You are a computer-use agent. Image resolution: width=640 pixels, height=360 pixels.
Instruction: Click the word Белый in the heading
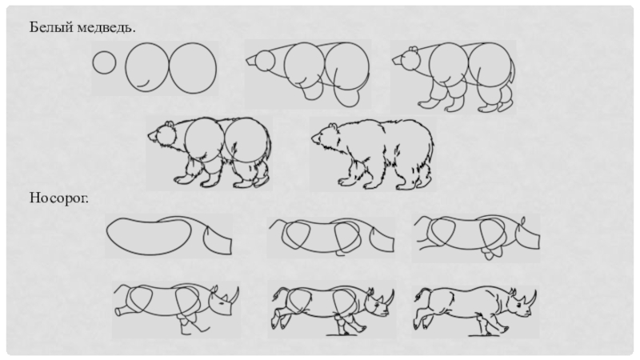(46, 28)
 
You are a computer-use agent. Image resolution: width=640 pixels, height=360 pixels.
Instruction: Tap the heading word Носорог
(58, 198)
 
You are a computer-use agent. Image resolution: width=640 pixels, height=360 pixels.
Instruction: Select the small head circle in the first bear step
(105, 62)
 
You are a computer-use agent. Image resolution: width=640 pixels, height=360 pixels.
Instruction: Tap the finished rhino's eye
(518, 306)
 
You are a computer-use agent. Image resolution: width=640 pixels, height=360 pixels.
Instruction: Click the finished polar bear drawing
(373, 154)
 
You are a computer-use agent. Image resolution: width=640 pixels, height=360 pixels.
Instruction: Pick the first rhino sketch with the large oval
(169, 236)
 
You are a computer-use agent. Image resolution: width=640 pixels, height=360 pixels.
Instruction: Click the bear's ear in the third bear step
(413, 50)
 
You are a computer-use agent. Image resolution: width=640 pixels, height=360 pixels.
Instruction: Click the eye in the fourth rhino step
(221, 303)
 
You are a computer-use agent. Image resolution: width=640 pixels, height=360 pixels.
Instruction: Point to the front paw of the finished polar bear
(346, 182)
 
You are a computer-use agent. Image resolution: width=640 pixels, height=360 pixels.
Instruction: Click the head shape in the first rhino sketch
(217, 239)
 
